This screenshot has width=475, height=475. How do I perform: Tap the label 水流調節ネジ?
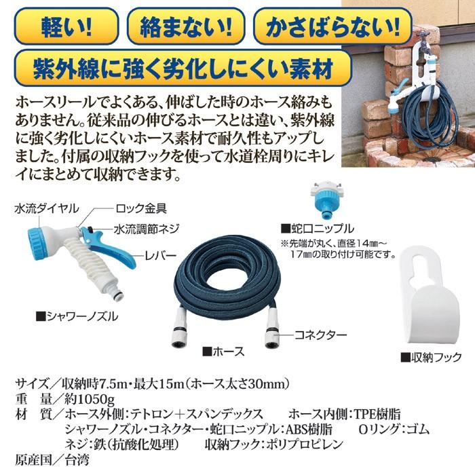(147, 229)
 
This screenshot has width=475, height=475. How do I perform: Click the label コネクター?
(321, 335)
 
